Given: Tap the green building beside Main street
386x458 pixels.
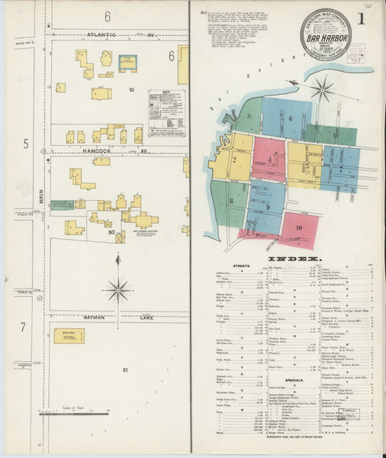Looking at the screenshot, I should pyautogui.click(x=59, y=205).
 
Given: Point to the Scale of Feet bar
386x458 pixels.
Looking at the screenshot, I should pyautogui.click(x=76, y=414).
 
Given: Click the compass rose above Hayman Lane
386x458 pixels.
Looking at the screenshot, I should pyautogui.click(x=117, y=288).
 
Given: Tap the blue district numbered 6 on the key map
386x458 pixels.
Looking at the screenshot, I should pyautogui.click(x=290, y=119).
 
